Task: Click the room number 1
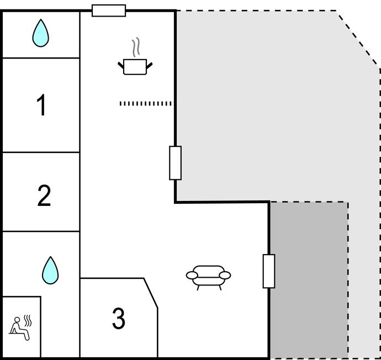pyautogui.click(x=41, y=105)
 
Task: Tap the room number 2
pyautogui.click(x=44, y=196)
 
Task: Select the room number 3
pyautogui.click(x=119, y=319)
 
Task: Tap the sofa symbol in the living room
pyautogui.click(x=209, y=275)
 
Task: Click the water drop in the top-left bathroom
pyautogui.click(x=40, y=33)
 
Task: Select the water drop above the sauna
pyautogui.click(x=50, y=270)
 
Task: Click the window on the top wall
pyautogui.click(x=109, y=10)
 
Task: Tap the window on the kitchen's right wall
pyautogui.click(x=175, y=163)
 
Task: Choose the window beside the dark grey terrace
pyautogui.click(x=269, y=271)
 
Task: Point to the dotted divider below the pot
pyautogui.click(x=146, y=103)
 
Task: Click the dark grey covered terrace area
pyautogui.click(x=308, y=279)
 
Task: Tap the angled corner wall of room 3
pyautogui.click(x=151, y=293)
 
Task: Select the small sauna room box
pyautogui.click(x=21, y=327)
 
